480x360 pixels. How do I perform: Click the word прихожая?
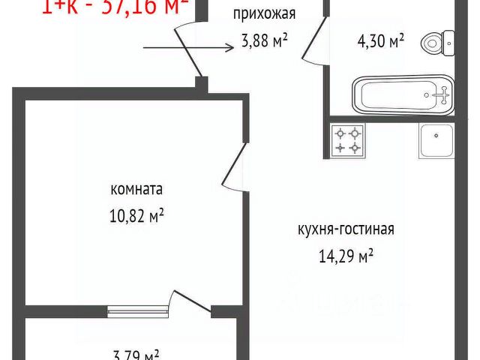pos(265,13)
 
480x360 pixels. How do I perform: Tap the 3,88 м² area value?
pos(264,42)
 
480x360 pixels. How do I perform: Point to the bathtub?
pos(403,96)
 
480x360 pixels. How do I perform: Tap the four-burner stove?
pos(348,140)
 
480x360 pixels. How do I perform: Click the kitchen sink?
pos(436,140)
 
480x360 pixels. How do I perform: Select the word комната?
pos(136,189)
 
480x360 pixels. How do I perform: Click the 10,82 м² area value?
pos(136,216)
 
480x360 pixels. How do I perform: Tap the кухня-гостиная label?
pos(346,229)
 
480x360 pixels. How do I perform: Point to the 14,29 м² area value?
pos(346,256)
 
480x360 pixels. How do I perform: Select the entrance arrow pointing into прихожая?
pos(187,49)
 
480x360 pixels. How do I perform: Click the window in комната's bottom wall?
pos(137,309)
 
